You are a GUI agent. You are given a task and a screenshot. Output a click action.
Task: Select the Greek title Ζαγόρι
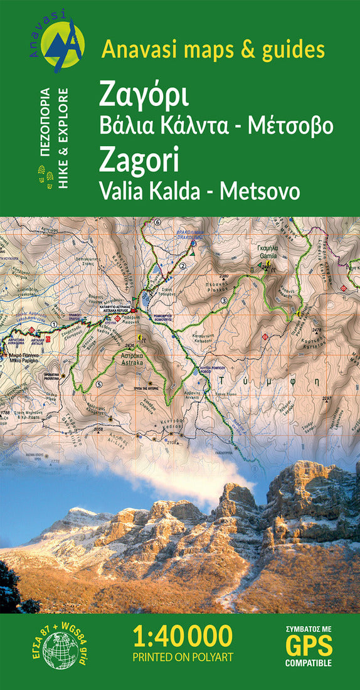coord(145,98)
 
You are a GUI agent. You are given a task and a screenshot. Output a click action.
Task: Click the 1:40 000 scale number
coord(183,636)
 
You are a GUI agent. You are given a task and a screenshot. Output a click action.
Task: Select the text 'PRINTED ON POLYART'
coord(182,658)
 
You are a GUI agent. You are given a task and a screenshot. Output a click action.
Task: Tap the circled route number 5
coord(99,384)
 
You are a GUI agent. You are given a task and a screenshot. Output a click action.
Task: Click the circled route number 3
coord(223,301)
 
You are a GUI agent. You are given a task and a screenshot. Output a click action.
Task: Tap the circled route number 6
coord(157,222)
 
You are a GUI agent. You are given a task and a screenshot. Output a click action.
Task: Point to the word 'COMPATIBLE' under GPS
coord(308,663)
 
